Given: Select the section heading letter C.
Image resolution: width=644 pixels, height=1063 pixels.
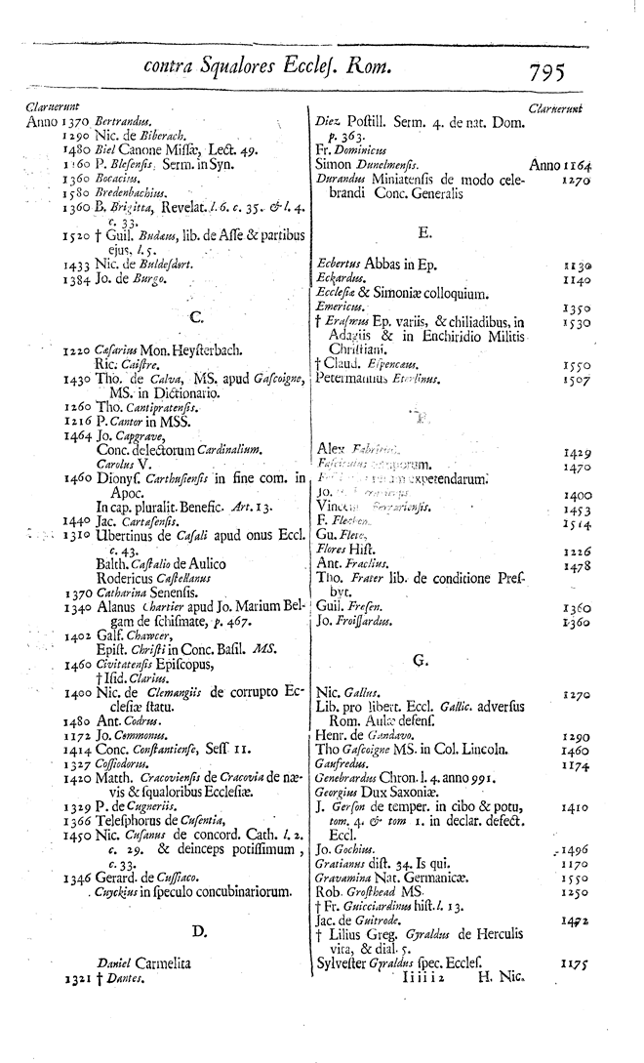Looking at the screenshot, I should pyautogui.click(x=195, y=316).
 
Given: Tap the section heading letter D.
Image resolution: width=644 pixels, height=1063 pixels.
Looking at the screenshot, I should pyautogui.click(x=199, y=931).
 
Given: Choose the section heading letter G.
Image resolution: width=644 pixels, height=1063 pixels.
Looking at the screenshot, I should pyautogui.click(x=422, y=661).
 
